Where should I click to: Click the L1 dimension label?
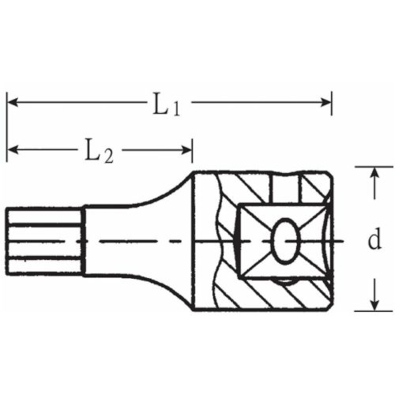pos(166,103)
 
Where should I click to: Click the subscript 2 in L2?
pos(108,156)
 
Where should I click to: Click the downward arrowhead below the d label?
pos(374,303)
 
